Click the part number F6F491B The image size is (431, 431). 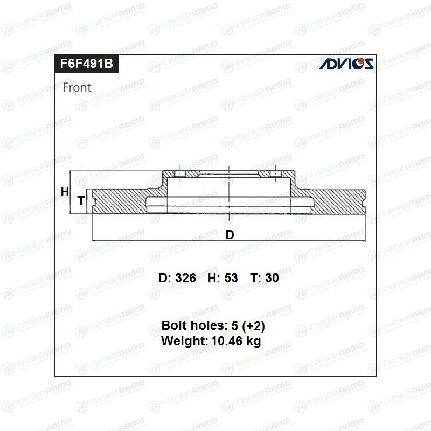pyautogui.click(x=87, y=64)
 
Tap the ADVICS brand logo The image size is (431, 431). pyautogui.click(x=346, y=64)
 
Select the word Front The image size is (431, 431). pyautogui.click(x=77, y=87)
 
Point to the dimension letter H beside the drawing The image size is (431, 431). pyautogui.click(x=65, y=192)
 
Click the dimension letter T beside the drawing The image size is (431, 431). pyautogui.click(x=81, y=200)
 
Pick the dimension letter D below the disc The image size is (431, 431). pyautogui.click(x=230, y=235)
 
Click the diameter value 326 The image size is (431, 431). pyautogui.click(x=185, y=278)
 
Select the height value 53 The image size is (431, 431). pyautogui.click(x=231, y=278)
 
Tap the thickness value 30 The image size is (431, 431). pyautogui.click(x=272, y=278)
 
